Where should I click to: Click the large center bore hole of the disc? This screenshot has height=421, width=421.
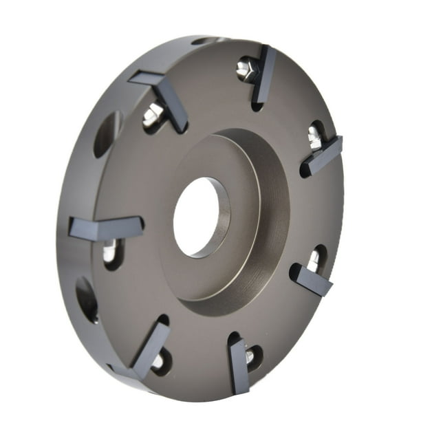coord(201,216)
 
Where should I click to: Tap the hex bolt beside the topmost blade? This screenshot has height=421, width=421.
coord(246,68)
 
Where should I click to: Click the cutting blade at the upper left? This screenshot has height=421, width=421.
coord(164,96)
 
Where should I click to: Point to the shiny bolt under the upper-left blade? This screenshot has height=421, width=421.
coord(153,116)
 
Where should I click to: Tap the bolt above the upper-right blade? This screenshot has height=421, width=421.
coord(315,136)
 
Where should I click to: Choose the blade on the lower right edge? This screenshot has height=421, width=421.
coord(312,279)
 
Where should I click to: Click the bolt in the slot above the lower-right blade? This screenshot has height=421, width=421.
coord(313,259)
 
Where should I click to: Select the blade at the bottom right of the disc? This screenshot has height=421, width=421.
coord(239,364)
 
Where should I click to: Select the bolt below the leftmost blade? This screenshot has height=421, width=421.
coord(110,252)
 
